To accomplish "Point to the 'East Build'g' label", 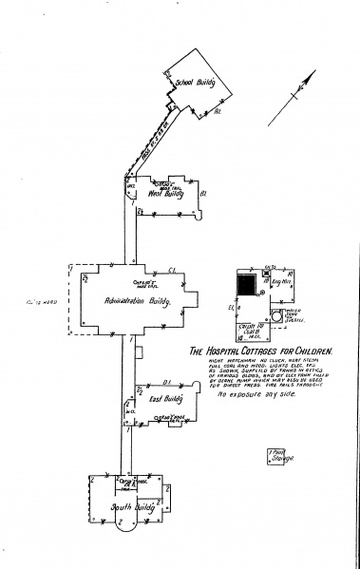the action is click(167, 399).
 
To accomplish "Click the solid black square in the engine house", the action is click(246, 284).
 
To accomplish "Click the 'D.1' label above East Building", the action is click(165, 382).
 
